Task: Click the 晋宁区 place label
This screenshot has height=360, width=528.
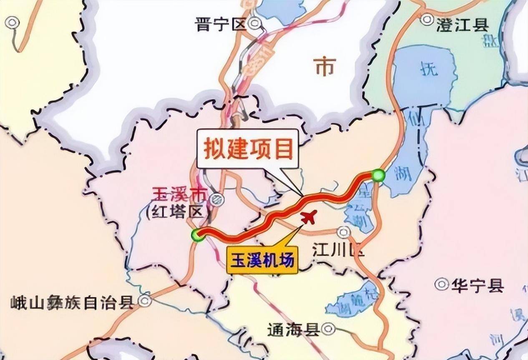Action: point(221,25)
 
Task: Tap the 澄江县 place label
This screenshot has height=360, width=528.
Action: point(463,26)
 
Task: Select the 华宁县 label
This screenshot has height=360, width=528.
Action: point(477,286)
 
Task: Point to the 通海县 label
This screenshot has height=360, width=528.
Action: point(294,330)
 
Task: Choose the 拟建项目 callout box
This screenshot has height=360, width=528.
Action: point(248,149)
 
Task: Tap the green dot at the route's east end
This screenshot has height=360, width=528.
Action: point(378,175)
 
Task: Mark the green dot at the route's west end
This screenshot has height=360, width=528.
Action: point(197,235)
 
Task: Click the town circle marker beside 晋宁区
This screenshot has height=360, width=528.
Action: point(254,24)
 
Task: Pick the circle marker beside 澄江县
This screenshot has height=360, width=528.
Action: point(427,19)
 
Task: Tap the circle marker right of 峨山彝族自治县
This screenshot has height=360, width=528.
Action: point(145,301)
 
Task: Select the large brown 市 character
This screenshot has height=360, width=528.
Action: point(326,67)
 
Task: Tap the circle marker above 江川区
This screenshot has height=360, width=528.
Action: point(343,232)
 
